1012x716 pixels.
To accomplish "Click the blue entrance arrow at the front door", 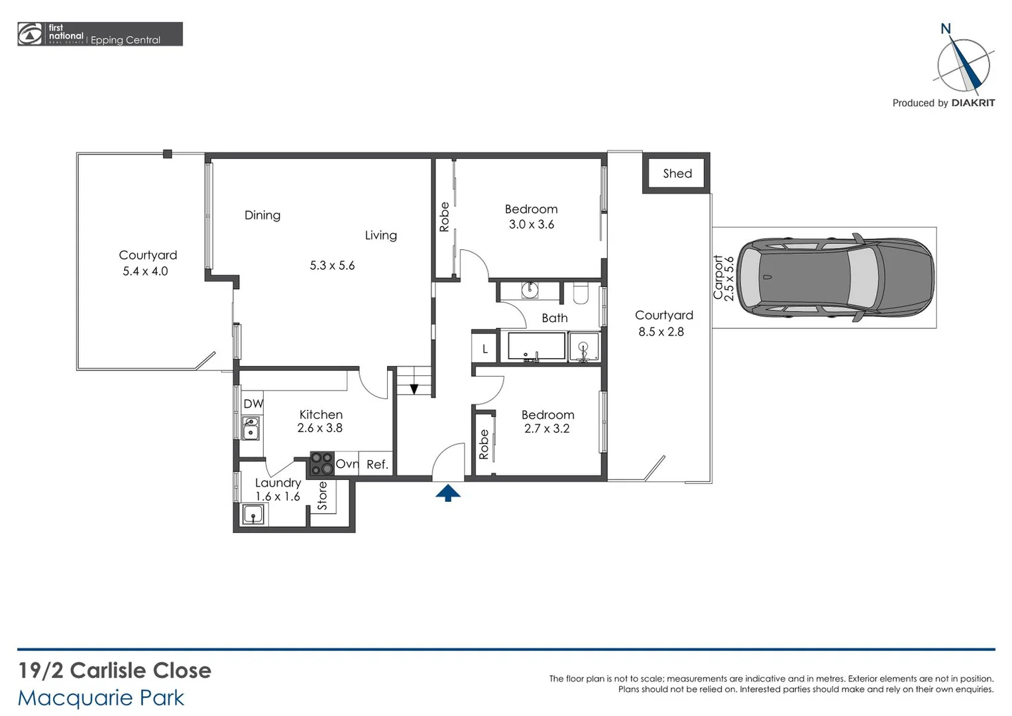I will tap(448, 493).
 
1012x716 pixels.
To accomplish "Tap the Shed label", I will tap(677, 174).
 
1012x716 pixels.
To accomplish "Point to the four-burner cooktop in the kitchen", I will tap(322, 463).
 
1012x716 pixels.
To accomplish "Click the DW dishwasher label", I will tap(253, 404).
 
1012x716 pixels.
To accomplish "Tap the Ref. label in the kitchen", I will tap(377, 465).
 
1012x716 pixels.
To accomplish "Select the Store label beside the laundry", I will tap(323, 496).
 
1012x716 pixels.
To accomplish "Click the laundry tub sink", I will tap(253, 514).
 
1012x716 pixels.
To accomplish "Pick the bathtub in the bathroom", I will tap(536, 346).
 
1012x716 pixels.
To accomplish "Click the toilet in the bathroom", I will tap(581, 292).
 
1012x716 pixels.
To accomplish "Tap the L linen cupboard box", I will tap(485, 349).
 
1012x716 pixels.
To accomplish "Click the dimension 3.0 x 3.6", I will tap(531, 225).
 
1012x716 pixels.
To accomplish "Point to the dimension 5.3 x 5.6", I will tap(332, 266).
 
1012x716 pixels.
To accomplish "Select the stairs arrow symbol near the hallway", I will tap(414, 389).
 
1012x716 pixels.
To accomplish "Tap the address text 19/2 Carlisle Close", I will tap(114, 670).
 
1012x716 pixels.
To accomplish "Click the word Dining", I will tap(262, 215).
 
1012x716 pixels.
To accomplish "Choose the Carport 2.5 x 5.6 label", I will tap(723, 277).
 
